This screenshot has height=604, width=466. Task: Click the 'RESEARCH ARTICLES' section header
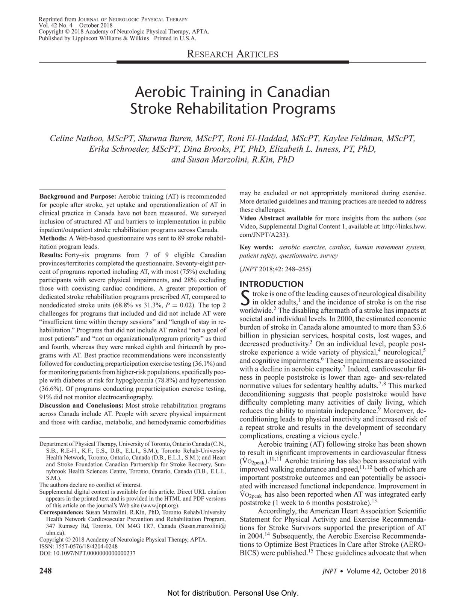[233, 54]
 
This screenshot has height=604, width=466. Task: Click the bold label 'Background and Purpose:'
[78, 196]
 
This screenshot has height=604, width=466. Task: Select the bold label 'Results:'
[51, 255]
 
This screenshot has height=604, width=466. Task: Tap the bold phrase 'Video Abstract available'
[276, 218]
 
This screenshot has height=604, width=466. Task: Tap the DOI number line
[87, 553]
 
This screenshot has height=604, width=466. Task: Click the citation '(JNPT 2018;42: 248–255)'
[275, 269]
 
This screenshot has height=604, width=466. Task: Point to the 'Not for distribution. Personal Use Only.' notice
[233, 594]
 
